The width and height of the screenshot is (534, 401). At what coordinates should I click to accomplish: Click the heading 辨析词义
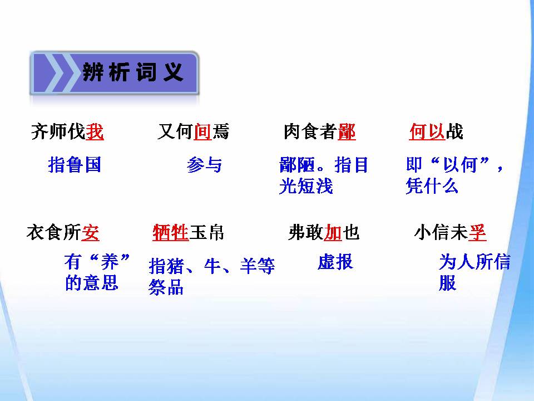133,72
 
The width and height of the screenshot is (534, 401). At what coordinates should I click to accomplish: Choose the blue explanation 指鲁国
75,165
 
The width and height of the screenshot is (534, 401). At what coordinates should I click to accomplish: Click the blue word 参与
204,165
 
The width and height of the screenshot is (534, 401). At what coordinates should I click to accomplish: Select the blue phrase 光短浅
305,186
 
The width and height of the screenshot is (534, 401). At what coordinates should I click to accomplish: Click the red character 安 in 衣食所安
91,232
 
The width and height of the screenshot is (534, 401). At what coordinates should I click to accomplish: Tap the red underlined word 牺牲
171,232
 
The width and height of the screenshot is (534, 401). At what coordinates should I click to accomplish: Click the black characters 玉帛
207,232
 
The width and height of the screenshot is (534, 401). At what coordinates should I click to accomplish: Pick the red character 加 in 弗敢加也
333,232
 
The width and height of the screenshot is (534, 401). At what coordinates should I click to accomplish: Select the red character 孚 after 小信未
477,232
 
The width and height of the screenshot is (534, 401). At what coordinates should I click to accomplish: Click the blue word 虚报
335,262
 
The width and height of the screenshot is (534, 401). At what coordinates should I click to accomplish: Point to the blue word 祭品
166,287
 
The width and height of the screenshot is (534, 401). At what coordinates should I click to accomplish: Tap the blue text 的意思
92,283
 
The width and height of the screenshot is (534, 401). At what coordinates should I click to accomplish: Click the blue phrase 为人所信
474,262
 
